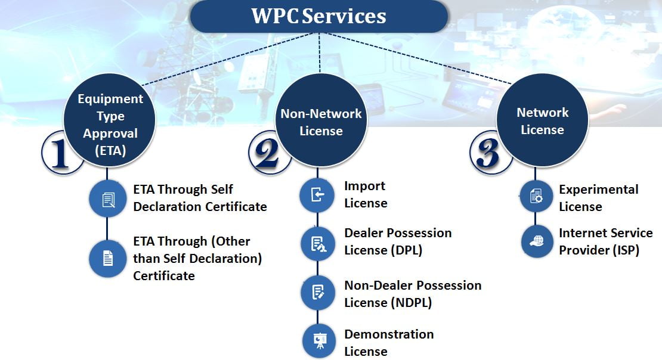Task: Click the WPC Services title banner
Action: pyautogui.click(x=318, y=16)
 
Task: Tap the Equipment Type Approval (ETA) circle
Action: pyautogui.click(x=110, y=120)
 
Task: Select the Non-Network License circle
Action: pyautogui.click(x=321, y=120)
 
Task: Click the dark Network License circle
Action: pyautogui.click(x=542, y=120)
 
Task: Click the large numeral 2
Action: pyautogui.click(x=267, y=153)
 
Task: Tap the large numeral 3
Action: pyautogui.click(x=488, y=153)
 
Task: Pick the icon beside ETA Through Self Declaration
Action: pyautogui.click(x=108, y=199)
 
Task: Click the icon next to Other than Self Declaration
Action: pyautogui.click(x=108, y=258)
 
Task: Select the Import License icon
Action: pyautogui.click(x=317, y=194)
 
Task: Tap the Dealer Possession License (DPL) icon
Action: pyautogui.click(x=318, y=244)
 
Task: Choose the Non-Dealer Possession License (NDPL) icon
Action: pyautogui.click(x=318, y=293)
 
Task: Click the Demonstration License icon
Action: pyautogui.click(x=320, y=340)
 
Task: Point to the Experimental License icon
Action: pyautogui.click(x=536, y=196)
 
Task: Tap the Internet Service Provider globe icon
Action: pyautogui.click(x=537, y=241)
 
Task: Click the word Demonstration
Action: pyautogui.click(x=389, y=334)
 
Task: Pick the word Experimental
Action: pyautogui.click(x=599, y=190)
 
